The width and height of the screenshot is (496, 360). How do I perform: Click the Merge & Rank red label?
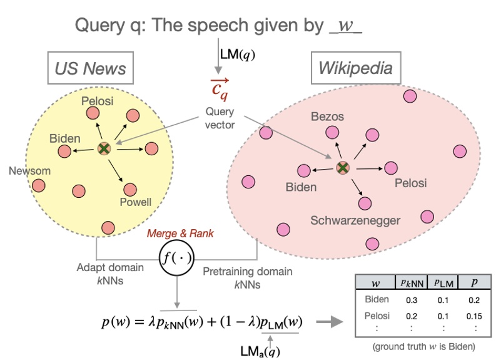click(177, 234)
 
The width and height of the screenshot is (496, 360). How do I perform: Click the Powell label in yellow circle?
click(136, 202)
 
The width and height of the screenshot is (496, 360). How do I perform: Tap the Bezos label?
click(327, 116)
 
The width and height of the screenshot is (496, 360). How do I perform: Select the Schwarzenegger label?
click(355, 220)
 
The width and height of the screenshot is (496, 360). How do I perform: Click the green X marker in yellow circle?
click(104, 148)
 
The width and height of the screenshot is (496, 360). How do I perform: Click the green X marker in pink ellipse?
click(342, 167)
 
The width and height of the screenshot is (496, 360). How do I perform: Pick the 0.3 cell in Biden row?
click(413, 299)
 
